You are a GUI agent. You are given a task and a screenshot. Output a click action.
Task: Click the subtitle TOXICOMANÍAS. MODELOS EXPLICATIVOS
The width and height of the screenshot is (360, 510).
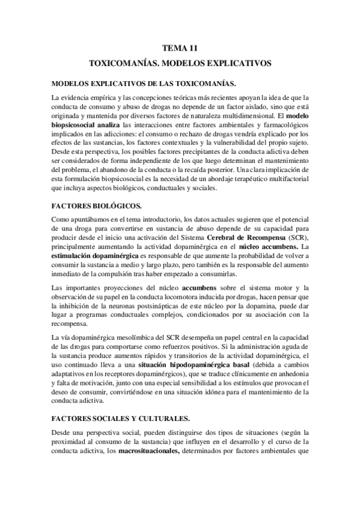180,63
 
